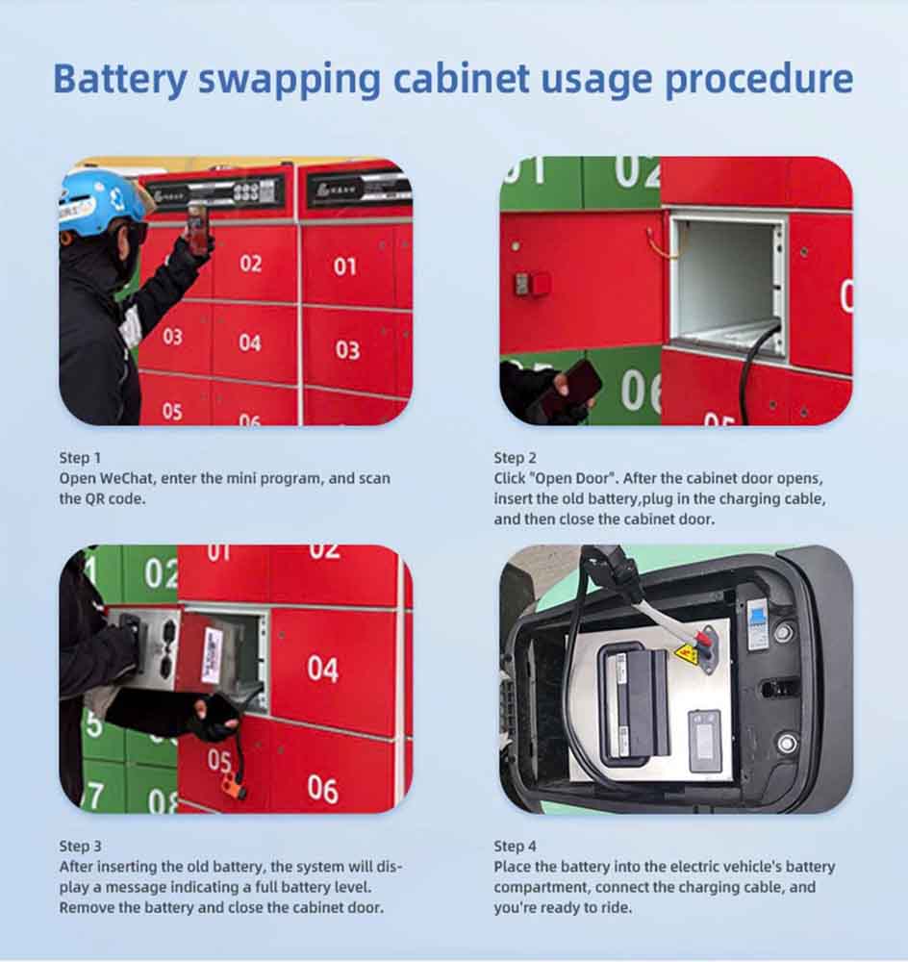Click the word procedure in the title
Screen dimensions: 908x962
click(759, 79)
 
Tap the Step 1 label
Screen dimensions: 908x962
click(80, 458)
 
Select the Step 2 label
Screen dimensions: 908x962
click(516, 458)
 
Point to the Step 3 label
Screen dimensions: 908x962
click(81, 846)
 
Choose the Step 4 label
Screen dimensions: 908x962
click(516, 846)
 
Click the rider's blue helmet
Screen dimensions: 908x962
click(101, 202)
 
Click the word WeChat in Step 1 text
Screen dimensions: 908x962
click(128, 478)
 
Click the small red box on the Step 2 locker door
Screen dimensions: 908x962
click(532, 284)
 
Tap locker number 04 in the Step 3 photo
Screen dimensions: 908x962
click(323, 669)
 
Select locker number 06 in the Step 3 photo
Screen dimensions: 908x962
click(323, 789)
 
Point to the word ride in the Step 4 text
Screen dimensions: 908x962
click(618, 907)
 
